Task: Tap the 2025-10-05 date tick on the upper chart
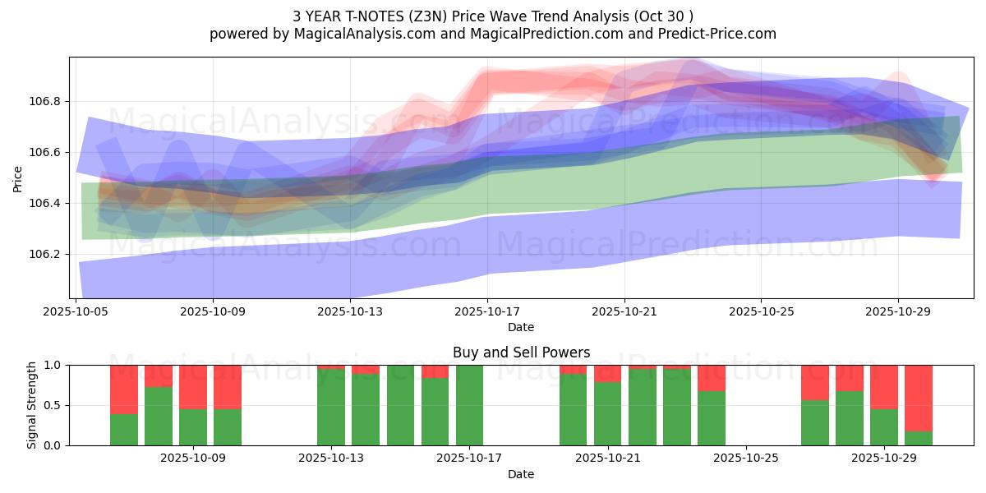pyautogui.click(x=76, y=311)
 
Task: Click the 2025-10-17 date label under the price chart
pyautogui.click(x=487, y=311)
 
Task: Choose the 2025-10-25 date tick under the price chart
pyautogui.click(x=761, y=311)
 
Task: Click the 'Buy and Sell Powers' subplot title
pyautogui.click(x=521, y=352)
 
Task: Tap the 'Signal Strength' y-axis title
pyautogui.click(x=32, y=405)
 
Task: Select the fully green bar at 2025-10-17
pyautogui.click(x=469, y=405)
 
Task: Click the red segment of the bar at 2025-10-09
pyautogui.click(x=228, y=386)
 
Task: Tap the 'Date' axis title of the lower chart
pyautogui.click(x=521, y=474)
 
